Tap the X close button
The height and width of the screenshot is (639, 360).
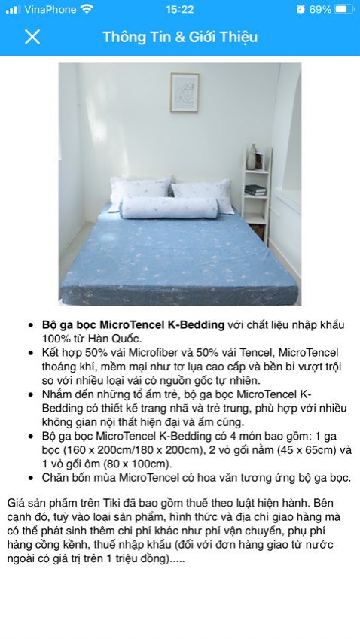(32, 37)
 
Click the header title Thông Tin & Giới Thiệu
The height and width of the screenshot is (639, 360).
(180, 37)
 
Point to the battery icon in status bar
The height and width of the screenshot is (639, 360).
(343, 10)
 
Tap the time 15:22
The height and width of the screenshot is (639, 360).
(179, 10)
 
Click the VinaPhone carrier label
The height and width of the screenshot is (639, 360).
(50, 10)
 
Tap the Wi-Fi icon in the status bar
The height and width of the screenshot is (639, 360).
(87, 10)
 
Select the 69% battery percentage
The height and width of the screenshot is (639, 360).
(320, 10)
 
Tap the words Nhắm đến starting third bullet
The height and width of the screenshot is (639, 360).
(68, 394)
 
